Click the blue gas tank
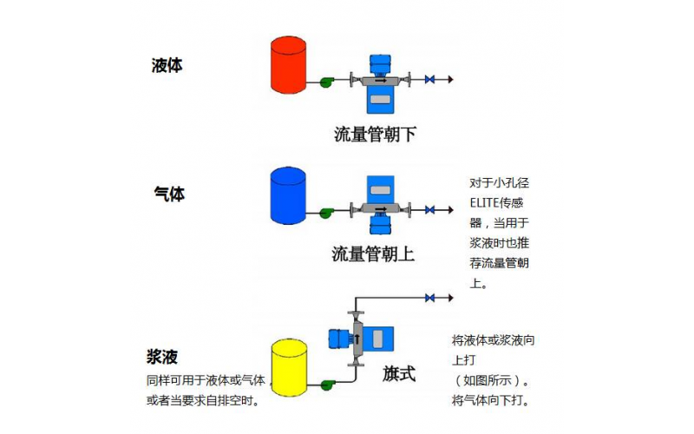[x=289, y=194]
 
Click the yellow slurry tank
[x=289, y=365]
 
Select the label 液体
[x=167, y=65]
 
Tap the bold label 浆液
[x=165, y=357]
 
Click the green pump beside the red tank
[x=327, y=82]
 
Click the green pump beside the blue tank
[x=327, y=211]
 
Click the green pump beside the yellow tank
[x=327, y=384]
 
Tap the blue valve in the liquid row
[x=429, y=81]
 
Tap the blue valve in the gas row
[x=429, y=210]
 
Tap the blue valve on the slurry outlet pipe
[x=429, y=298]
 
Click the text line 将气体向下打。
[x=491, y=401]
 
